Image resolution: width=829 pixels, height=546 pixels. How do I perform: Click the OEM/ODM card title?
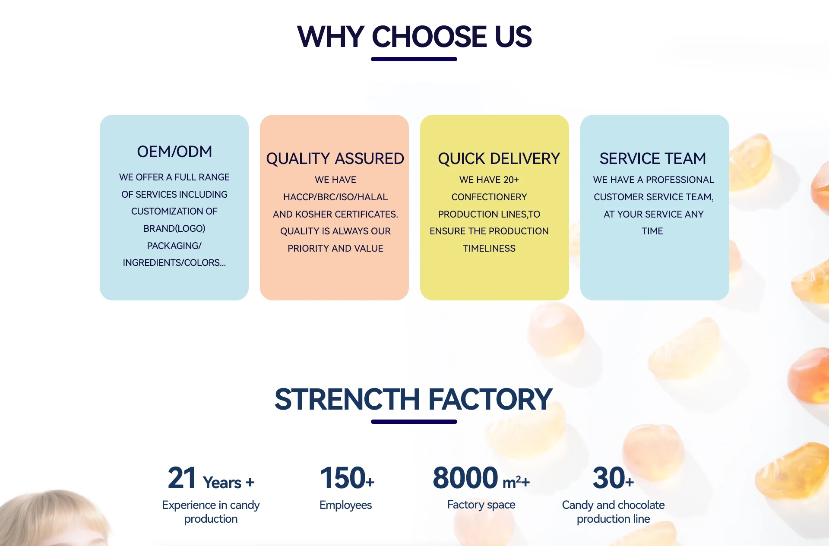(174, 152)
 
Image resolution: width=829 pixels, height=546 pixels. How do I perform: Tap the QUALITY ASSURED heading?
(335, 159)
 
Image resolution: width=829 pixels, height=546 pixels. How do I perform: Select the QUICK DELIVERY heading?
(499, 159)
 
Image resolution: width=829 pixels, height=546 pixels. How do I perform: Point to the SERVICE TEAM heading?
(652, 159)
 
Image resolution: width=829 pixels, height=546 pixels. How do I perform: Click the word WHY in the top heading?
(331, 37)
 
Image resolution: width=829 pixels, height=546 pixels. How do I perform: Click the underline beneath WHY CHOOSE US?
(414, 59)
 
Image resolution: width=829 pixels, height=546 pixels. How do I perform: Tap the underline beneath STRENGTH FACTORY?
(414, 422)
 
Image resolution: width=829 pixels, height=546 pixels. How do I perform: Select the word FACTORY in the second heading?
(490, 399)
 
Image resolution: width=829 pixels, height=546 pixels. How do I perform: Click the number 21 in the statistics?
(182, 478)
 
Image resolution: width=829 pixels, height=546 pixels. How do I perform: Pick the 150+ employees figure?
(347, 478)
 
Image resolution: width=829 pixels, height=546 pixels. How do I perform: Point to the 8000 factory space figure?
(465, 478)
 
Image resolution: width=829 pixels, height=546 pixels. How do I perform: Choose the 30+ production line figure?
(613, 478)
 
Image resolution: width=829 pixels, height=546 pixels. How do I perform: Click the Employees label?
(345, 505)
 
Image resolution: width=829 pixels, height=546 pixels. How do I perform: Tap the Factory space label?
(481, 505)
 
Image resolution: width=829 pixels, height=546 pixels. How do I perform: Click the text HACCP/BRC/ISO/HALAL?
(335, 197)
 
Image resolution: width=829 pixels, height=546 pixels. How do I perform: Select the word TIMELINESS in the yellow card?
(489, 249)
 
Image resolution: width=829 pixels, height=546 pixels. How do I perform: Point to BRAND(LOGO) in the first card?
(174, 229)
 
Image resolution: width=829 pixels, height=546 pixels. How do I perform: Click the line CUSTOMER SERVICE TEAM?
(654, 197)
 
